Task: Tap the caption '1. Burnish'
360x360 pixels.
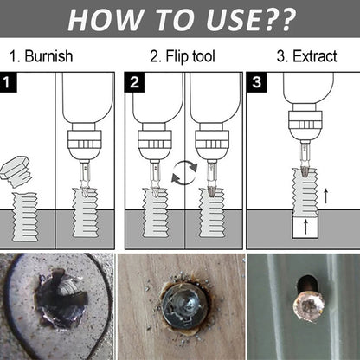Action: tap(41, 58)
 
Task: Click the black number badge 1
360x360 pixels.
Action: tap(8, 84)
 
